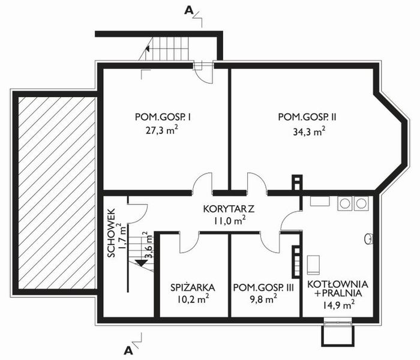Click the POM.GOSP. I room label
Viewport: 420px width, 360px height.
(x=158, y=116)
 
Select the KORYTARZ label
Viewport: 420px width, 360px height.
(x=229, y=209)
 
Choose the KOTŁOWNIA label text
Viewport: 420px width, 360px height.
(x=338, y=283)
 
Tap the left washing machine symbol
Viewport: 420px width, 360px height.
(x=346, y=204)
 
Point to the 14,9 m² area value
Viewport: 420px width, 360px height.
(x=338, y=305)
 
